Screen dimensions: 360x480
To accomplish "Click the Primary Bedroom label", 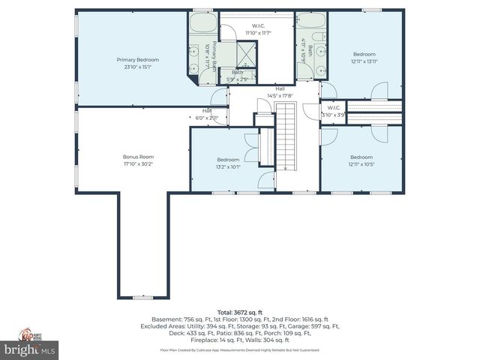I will point(138,58).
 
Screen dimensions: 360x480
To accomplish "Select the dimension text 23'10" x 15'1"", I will point(138,67).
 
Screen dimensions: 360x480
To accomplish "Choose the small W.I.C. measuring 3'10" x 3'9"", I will point(334,111).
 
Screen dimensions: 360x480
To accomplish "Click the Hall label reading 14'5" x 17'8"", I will point(279,92).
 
